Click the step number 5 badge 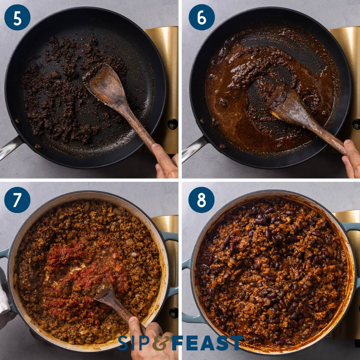(x=17, y=17)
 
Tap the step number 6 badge (x=202, y=17)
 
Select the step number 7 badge (x=17, y=200)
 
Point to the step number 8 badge (x=202, y=200)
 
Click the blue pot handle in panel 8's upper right (x=351, y=229)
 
